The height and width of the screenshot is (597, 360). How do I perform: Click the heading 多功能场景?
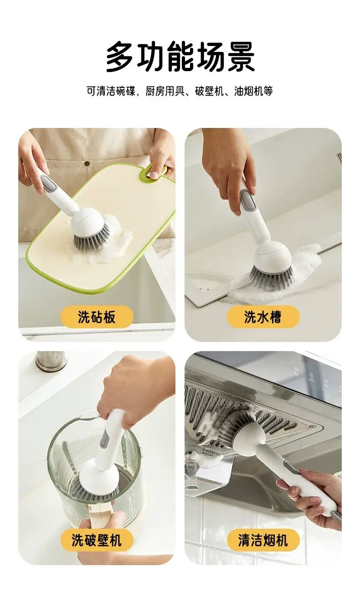[x=180, y=57]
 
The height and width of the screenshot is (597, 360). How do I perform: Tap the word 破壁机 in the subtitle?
[x=209, y=91]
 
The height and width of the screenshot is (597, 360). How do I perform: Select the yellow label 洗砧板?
[x=97, y=317]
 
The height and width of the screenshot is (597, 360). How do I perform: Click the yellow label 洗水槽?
[x=263, y=317]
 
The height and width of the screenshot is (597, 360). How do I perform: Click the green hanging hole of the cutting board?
[x=153, y=173]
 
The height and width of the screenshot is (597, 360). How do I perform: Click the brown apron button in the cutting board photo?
[x=87, y=163]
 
